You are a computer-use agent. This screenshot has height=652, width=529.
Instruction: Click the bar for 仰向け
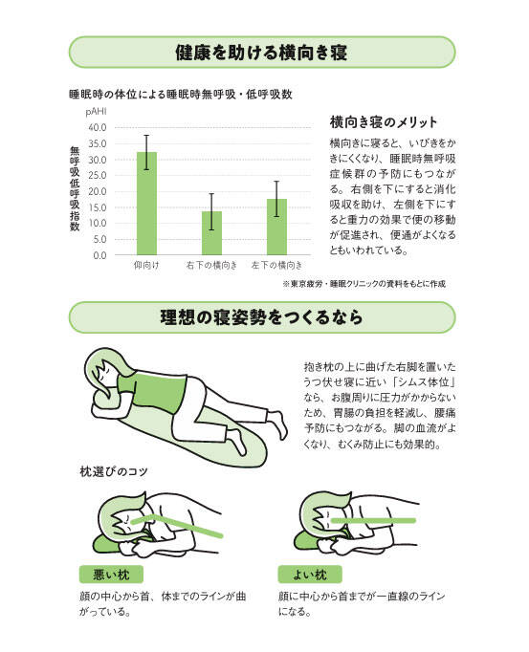point(147,204)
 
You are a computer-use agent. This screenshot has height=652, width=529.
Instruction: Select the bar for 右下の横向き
point(211,233)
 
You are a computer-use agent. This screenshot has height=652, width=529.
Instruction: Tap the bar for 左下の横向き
point(276,227)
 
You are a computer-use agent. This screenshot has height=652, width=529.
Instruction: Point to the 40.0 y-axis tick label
point(98,128)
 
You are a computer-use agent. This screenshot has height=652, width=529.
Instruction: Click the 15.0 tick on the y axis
point(98,207)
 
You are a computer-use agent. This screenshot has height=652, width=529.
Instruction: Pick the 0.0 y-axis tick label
point(99,255)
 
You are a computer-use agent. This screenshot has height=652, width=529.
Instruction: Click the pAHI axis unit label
point(97,112)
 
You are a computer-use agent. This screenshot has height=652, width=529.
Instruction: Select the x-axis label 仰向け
point(146,265)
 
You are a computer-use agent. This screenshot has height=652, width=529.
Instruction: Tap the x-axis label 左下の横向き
point(276,265)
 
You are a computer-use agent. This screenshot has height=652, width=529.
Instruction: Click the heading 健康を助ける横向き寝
point(261,53)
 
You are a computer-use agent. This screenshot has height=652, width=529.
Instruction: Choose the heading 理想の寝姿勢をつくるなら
point(261,317)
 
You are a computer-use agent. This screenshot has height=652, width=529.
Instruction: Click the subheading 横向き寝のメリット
point(384,122)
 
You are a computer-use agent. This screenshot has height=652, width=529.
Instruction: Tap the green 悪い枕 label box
point(111,575)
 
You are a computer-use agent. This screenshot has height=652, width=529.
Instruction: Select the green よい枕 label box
point(310,575)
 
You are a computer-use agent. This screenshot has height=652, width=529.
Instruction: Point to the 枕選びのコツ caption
point(114,471)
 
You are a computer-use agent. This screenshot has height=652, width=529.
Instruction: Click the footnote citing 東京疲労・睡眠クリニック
point(364,284)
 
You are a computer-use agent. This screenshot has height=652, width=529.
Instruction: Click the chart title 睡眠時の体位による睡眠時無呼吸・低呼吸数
point(181,95)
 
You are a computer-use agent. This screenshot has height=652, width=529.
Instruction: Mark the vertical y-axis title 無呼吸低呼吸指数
point(75,188)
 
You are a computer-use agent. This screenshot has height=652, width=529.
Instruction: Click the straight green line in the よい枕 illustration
point(373,521)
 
